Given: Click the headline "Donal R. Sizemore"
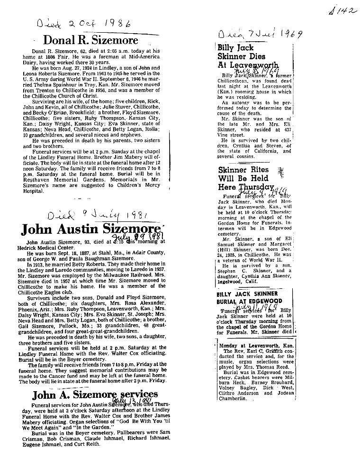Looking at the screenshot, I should [x=91, y=39].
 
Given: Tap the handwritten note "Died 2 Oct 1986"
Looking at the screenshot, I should [x=79, y=23].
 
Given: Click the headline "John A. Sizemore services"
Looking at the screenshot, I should [x=95, y=394].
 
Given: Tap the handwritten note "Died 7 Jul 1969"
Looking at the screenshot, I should [x=260, y=35].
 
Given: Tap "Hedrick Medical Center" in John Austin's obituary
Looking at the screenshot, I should [x=51, y=247].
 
